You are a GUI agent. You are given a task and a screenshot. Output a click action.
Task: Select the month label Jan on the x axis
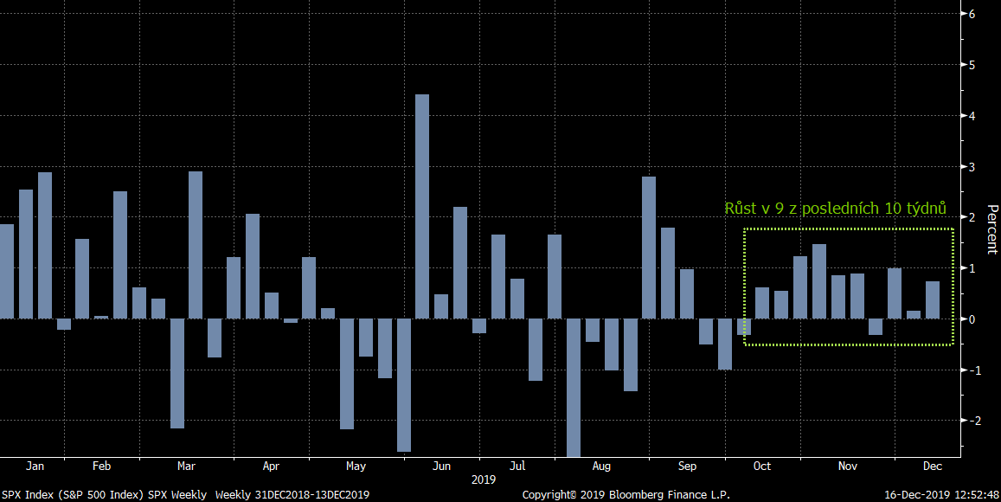coord(35,467)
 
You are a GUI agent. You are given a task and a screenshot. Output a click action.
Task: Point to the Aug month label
coord(601,467)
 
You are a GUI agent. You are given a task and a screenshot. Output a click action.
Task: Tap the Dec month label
coord(933,467)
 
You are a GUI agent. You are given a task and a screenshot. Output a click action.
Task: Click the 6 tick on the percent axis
coord(972,14)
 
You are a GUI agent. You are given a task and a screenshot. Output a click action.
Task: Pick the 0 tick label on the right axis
coord(972,319)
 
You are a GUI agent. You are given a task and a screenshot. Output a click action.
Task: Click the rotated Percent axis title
coord(991,230)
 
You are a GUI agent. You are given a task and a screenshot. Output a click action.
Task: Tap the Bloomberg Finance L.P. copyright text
coord(614,494)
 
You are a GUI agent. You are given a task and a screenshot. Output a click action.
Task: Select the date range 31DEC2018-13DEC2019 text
coord(314,494)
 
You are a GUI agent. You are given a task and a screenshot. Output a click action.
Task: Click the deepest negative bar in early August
coord(573,387)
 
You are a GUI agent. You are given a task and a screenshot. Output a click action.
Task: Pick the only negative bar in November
coord(876,326)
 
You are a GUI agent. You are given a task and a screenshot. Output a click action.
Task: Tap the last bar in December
coord(933,299)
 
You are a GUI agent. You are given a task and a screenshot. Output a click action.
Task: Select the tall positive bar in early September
coord(649,248)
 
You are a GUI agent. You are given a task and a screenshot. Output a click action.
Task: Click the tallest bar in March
coord(196,245)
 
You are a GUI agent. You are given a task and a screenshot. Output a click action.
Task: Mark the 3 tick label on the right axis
coord(972,166)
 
